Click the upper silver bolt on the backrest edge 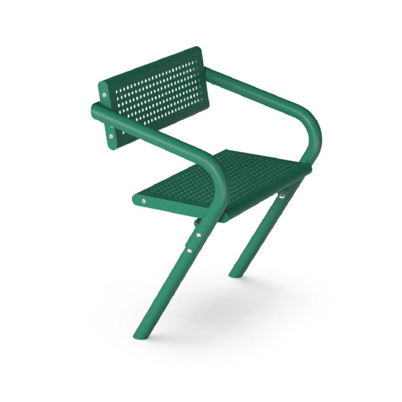point(105,94)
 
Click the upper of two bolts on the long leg point(199,235)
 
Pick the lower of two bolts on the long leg point(189,250)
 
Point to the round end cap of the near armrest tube point(93,112)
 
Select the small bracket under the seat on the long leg point(197,221)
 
